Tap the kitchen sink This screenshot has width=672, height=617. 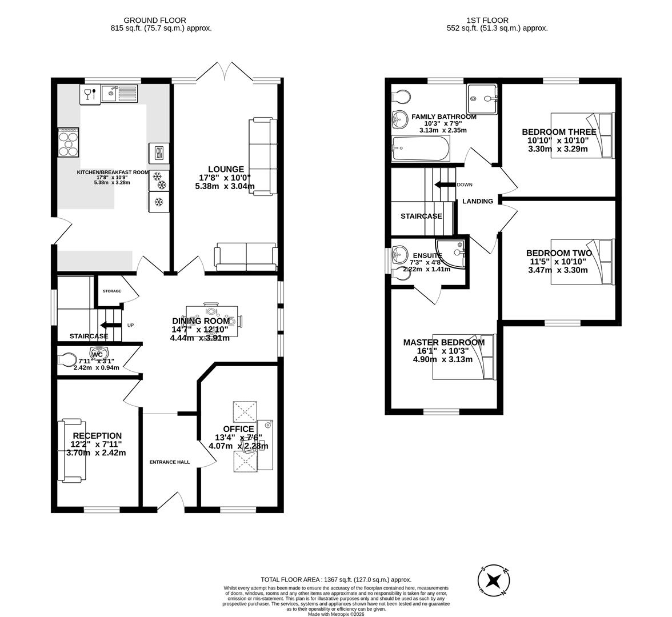click(120, 93)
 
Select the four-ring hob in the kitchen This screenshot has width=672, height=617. click(69, 142)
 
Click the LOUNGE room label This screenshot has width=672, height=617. click(226, 169)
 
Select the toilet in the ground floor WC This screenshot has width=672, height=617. click(67, 360)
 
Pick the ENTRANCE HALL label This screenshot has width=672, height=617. click(169, 462)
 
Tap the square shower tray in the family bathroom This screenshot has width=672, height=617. click(482, 99)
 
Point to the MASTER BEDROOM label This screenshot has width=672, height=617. click(443, 342)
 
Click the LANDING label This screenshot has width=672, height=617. click(477, 201)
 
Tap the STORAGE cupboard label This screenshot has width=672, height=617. click(111, 291)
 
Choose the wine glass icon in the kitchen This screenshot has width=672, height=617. click(87, 94)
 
